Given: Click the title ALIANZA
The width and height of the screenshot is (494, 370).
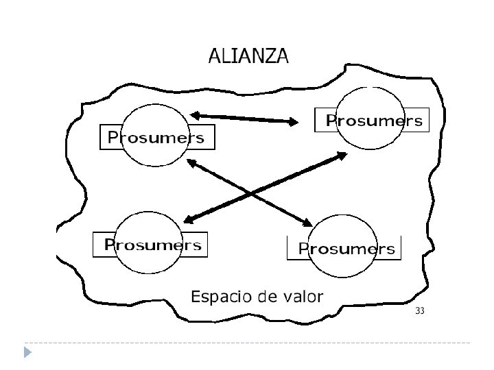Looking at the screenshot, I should (248, 56).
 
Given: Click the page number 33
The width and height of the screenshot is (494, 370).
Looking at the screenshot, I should (420, 312).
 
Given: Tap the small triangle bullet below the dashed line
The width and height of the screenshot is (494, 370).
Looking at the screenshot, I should (27, 353).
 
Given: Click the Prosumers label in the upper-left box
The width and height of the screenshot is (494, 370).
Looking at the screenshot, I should (156, 137).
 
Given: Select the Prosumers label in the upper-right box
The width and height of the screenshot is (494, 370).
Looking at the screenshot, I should (373, 121).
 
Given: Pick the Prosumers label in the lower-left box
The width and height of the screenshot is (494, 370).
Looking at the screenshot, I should (152, 245).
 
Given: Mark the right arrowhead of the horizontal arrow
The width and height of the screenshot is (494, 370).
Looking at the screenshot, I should (293, 122).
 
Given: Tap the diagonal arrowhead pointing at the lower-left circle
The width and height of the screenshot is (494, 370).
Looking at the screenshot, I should (189, 219).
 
